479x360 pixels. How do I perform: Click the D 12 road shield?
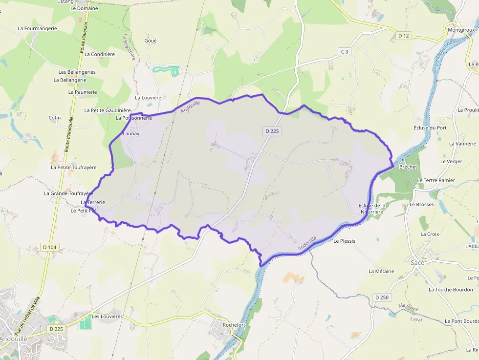pos(403,36)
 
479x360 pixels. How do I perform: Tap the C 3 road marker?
pos(345,52)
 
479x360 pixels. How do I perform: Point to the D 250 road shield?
pos(382,297)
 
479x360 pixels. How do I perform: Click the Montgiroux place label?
pos(461,30)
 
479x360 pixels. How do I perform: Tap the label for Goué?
pos(151,41)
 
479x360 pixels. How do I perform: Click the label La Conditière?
pos(100,54)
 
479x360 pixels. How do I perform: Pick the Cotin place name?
pos(55,118)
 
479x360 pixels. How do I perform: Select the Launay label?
pos(131,133)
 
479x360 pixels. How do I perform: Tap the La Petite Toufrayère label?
pos(74,167)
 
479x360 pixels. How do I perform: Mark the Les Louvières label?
pos(107,316)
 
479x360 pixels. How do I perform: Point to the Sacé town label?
pos(417,262)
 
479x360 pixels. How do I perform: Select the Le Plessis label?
pos(344,241)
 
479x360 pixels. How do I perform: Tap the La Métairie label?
pos(381,271)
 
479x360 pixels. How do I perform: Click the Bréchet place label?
pos(408,167)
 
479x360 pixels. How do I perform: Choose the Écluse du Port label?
pos(430,127)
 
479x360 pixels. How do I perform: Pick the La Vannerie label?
pos(462,144)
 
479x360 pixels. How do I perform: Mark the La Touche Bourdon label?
pos(451,290)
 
